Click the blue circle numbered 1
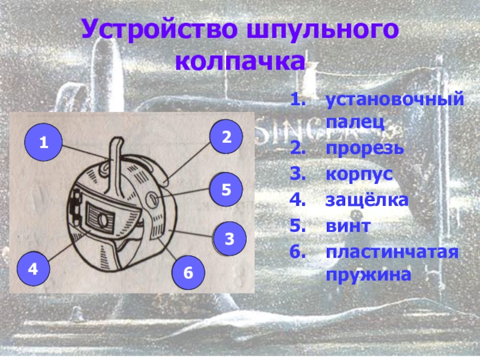pos(43,142)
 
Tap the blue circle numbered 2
pos(226,137)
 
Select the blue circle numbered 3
pos(230,238)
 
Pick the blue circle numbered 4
pos(33,269)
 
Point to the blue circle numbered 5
pos(226,190)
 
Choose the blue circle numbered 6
pos(188,272)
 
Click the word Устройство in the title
pos(160,29)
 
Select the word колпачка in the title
pos(241,61)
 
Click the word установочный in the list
pos(395,100)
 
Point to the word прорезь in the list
pos(365,148)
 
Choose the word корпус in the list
pos(359,175)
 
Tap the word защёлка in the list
pos(367,200)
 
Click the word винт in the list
pos(349,226)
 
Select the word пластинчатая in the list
pos(392,253)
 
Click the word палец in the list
pos(355,122)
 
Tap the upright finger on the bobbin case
pos(115,166)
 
